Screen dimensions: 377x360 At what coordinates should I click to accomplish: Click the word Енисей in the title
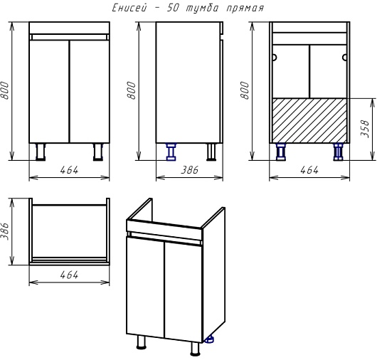[x=129, y=8]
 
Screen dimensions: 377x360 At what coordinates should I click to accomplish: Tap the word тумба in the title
[x=203, y=8]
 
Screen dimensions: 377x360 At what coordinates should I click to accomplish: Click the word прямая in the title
[x=245, y=9]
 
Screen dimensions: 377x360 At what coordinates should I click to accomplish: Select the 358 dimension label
[x=365, y=129]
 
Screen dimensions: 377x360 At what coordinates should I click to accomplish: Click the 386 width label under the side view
[x=190, y=170]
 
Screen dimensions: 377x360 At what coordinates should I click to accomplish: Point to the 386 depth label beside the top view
[x=5, y=231]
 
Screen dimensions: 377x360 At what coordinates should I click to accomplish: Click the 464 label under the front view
[x=69, y=170]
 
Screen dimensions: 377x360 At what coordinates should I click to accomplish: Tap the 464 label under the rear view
[x=309, y=170]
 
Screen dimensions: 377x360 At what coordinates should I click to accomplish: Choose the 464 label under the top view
[x=69, y=275]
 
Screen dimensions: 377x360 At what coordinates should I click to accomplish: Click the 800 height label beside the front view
[x=5, y=90]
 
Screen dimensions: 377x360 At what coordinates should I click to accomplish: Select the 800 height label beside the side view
[x=132, y=90]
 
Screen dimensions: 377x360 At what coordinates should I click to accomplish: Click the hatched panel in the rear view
[x=309, y=120]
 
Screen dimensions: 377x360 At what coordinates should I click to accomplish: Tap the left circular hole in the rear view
[x=275, y=58]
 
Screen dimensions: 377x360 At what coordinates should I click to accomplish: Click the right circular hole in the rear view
[x=344, y=58]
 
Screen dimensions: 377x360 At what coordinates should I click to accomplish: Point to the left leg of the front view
[x=41, y=152]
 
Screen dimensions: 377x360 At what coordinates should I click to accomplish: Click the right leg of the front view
[x=98, y=152]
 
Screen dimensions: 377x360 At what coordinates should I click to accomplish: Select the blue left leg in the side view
[x=171, y=152]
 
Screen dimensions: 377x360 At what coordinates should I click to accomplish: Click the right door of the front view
[x=90, y=91]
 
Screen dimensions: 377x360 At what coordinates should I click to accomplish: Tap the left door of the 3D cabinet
[x=145, y=287]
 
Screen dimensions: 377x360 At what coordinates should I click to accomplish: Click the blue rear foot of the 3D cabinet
[x=209, y=339]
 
